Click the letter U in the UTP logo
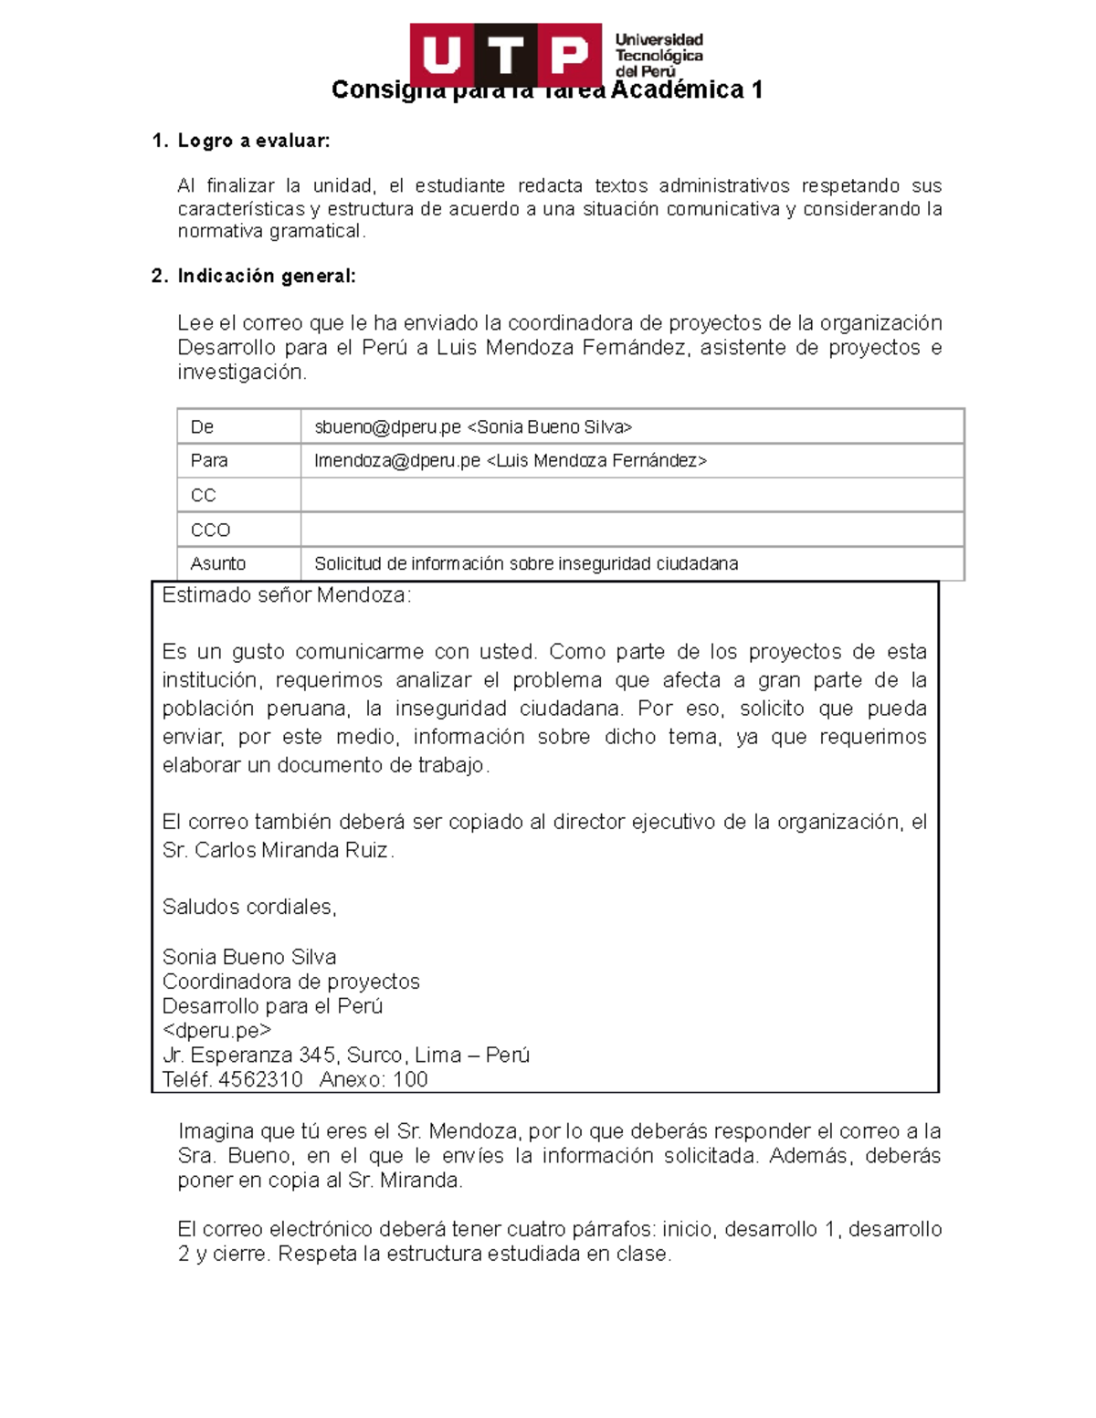point(441,55)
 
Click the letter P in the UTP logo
point(570,55)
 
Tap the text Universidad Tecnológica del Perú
point(659,55)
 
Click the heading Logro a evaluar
point(253,141)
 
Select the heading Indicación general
point(266,276)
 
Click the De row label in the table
point(202,426)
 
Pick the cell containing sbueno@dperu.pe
point(473,426)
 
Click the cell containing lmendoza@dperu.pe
point(510,461)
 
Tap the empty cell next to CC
point(631,495)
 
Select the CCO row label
point(210,530)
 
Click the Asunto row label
point(217,564)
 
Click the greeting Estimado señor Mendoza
point(286,595)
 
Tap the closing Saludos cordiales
point(249,907)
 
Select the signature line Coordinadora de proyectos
point(290,982)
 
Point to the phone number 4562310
point(260,1079)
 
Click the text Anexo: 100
point(374,1079)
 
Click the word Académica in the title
point(677,89)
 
